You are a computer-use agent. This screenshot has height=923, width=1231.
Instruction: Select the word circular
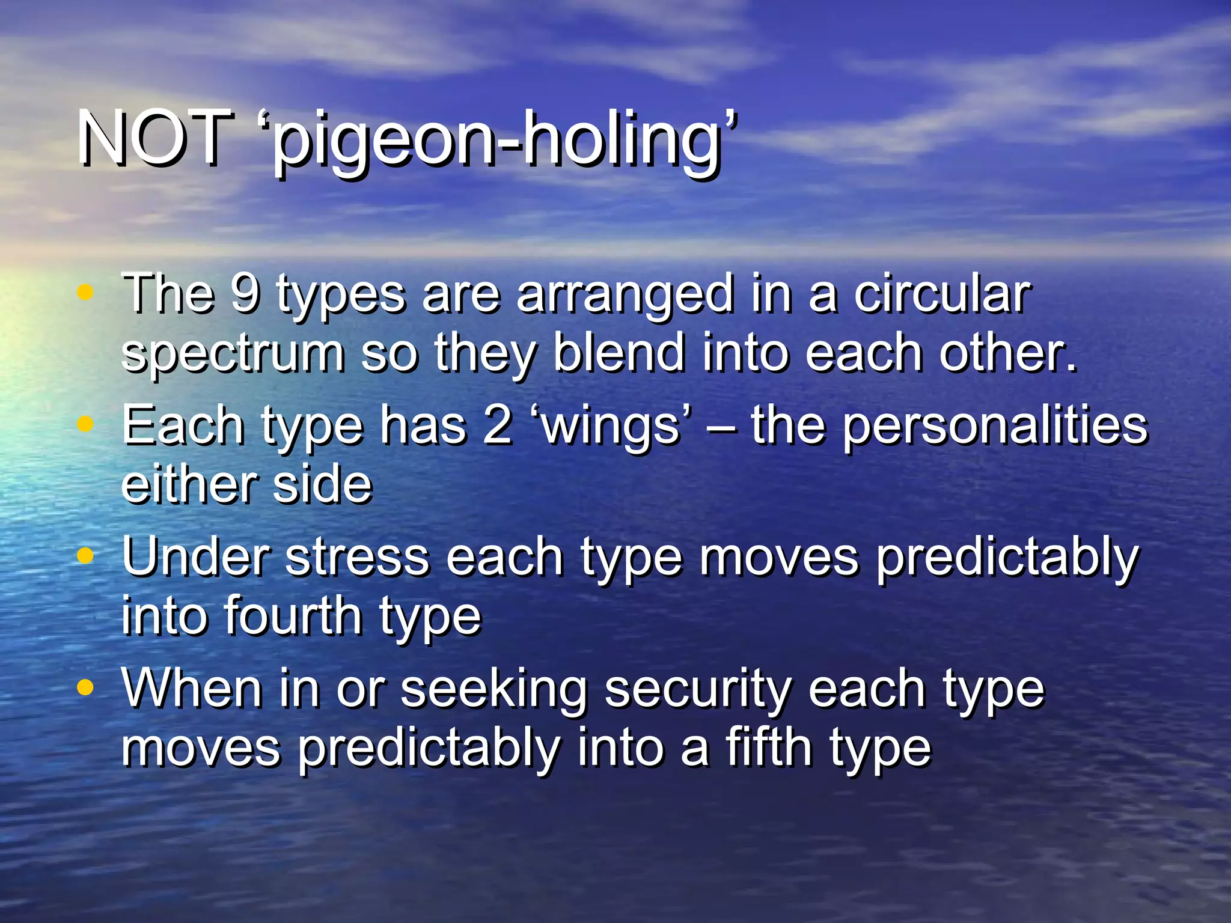click(x=942, y=294)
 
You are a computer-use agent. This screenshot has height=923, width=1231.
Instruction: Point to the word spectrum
click(x=233, y=355)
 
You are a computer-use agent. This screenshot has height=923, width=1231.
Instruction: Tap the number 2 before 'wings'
click(x=498, y=425)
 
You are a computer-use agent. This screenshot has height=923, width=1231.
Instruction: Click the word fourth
click(x=293, y=615)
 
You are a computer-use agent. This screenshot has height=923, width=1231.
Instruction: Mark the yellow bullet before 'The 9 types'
click(x=86, y=293)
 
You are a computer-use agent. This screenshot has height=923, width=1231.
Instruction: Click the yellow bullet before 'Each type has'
click(x=86, y=424)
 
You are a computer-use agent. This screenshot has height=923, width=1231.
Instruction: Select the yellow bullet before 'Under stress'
click(x=86, y=556)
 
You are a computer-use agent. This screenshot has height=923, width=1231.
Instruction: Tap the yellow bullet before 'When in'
click(x=86, y=687)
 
